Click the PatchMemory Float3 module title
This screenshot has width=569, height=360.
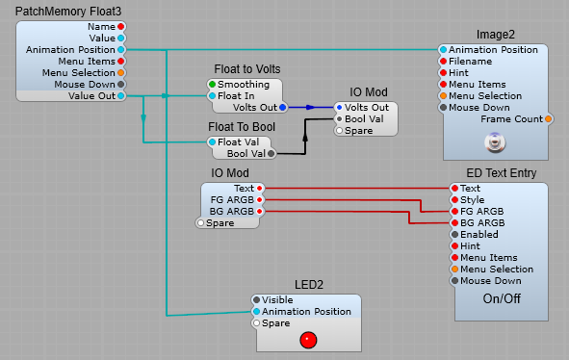pyautogui.click(x=68, y=11)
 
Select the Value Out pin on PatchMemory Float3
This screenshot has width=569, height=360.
pyautogui.click(x=120, y=95)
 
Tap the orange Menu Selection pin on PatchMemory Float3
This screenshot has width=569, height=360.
pyautogui.click(x=120, y=72)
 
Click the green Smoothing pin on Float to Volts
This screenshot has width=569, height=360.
pyautogui.click(x=212, y=84)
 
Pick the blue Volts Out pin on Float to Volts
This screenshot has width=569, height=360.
pyautogui.click(x=282, y=107)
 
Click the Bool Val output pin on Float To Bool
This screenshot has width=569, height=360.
pyautogui.click(x=271, y=153)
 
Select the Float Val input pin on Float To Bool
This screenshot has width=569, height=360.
pyautogui.click(x=212, y=141)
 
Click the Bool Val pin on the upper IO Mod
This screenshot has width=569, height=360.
pyautogui.click(x=338, y=118)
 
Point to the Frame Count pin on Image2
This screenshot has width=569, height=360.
pyautogui.click(x=548, y=119)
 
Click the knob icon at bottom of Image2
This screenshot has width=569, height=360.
pyautogui.click(x=495, y=143)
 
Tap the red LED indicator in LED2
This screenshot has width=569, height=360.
pyautogui.click(x=307, y=339)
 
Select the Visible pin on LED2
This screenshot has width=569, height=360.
pyautogui.click(x=256, y=299)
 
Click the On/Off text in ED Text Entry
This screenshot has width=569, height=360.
pyautogui.click(x=502, y=299)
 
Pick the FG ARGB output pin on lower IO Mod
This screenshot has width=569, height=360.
pyautogui.click(x=259, y=199)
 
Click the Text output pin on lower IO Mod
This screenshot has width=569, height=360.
pyautogui.click(x=259, y=188)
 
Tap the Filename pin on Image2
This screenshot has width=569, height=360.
pyautogui.click(x=444, y=62)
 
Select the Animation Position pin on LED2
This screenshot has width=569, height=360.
pyautogui.click(x=256, y=311)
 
